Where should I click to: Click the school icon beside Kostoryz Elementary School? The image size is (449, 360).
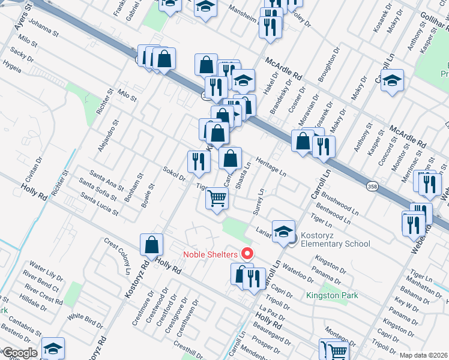coord(283,232)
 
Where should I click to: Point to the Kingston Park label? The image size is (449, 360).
coord(332,295)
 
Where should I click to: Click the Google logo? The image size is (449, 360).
coord(19,353)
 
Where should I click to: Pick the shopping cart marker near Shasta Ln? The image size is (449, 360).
coord(217,197)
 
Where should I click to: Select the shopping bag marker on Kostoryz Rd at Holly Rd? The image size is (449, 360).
coord(152,244)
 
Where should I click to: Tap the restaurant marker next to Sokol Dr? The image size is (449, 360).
coord(198,161)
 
